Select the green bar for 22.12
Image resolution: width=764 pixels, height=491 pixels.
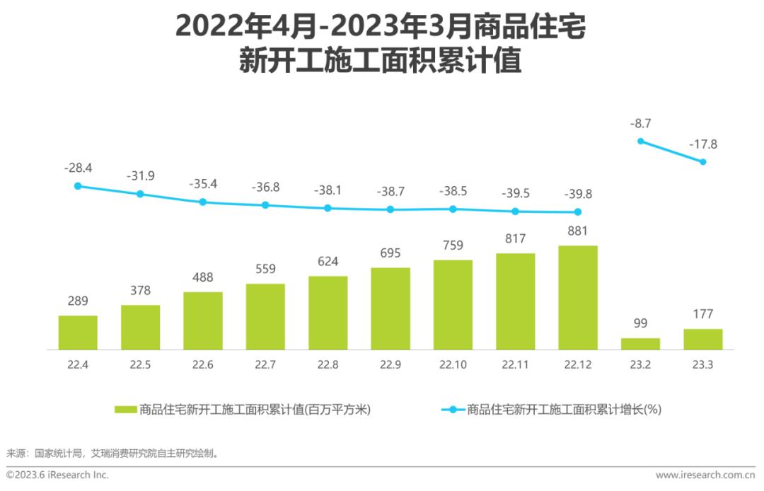pos(578,298)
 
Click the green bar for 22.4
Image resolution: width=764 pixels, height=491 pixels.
pos(78,333)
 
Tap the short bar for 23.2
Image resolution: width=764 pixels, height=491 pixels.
pos(640,344)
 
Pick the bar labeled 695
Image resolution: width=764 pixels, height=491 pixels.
pos(390,308)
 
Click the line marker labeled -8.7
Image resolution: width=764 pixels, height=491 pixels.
pos(641,141)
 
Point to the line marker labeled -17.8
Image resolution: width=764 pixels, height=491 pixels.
pos(703,162)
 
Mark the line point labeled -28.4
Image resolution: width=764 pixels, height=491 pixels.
pos(78,186)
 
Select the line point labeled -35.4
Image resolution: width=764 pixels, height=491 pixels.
pos(203,202)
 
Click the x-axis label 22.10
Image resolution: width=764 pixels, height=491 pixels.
pos(453,365)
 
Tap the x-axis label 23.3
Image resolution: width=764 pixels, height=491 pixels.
pos(703,365)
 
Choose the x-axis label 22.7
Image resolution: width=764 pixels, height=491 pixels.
pos(265,365)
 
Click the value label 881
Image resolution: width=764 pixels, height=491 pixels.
pos(578,231)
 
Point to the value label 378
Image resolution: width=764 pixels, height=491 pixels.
pos(140,291)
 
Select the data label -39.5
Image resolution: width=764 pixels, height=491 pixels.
pos(515,193)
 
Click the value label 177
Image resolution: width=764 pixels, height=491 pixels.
pos(703,314)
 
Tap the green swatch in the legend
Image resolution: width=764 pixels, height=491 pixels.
pos(125,410)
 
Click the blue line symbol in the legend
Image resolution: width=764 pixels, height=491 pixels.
pos(453,410)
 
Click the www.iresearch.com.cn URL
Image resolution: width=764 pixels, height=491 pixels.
pos(705,475)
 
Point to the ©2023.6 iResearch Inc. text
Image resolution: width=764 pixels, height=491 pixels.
pos(58,475)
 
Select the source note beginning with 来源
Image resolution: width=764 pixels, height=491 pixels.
pos(112,453)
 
